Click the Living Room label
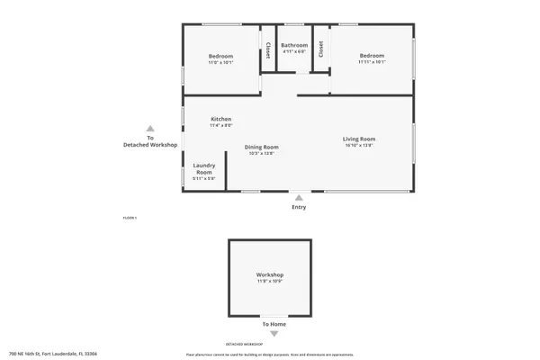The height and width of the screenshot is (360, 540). (358, 139)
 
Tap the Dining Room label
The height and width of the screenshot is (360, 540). (261, 147)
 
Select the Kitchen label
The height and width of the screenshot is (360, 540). (221, 119)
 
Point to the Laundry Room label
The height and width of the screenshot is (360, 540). (204, 168)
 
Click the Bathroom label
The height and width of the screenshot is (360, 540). (294, 45)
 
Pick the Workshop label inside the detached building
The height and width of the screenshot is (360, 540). (270, 274)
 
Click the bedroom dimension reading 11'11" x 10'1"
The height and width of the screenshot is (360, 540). (372, 62)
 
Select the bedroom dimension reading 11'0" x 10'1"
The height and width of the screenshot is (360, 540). (220, 62)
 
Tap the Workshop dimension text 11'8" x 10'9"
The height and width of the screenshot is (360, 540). (270, 283)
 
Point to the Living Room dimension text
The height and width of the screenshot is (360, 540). (358, 147)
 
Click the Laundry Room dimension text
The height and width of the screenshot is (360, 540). (204, 179)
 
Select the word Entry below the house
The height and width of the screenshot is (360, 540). (299, 207)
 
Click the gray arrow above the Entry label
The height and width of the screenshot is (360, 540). (299, 197)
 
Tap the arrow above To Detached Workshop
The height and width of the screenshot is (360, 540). (150, 129)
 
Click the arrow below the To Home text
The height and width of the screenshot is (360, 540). (274, 333)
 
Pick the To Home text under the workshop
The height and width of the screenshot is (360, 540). (274, 324)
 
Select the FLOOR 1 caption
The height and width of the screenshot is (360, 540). (130, 218)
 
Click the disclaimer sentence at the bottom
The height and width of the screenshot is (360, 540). (270, 355)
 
